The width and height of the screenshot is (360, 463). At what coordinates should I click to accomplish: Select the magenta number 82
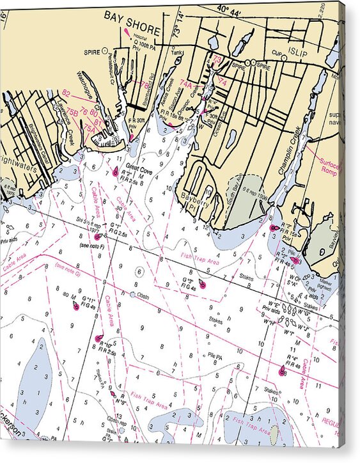click(x=66, y=93)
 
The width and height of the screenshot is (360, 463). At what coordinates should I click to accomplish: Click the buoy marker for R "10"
click(x=98, y=338)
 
